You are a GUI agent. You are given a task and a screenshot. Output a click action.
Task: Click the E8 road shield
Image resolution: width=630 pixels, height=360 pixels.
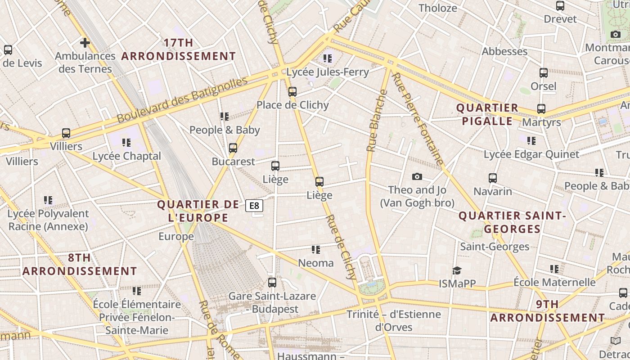click(x=254, y=206)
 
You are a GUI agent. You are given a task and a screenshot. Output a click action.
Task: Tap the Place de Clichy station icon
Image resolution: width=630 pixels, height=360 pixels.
click(x=292, y=92)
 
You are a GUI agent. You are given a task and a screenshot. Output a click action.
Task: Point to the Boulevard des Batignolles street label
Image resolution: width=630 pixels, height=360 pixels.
click(x=182, y=100)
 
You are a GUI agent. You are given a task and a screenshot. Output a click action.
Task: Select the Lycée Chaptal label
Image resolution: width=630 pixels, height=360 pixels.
click(x=126, y=156)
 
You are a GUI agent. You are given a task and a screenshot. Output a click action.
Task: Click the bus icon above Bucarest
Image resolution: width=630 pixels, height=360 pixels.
click(x=233, y=148)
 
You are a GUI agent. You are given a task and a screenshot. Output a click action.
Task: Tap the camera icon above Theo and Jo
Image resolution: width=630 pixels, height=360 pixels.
click(x=417, y=177)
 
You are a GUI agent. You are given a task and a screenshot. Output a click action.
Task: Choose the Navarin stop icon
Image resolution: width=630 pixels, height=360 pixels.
click(x=493, y=178)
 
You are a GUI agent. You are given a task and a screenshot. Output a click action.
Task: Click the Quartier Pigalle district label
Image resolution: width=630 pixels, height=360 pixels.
click(x=487, y=114)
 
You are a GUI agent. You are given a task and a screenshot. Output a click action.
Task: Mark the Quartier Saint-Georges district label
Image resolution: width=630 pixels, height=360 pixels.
click(x=512, y=222)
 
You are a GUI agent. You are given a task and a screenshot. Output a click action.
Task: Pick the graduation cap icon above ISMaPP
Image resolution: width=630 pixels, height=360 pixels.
click(x=457, y=270)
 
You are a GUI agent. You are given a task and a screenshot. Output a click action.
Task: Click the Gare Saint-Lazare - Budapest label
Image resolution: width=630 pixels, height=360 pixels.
click(x=272, y=302)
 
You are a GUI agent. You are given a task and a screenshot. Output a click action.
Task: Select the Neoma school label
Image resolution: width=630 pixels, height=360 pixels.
click(x=316, y=263)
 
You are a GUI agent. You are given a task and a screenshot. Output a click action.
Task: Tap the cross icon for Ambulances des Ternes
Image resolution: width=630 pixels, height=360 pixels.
click(x=85, y=43)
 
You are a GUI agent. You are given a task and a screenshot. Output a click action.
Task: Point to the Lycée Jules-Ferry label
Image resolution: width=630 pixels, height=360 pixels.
click(x=328, y=72)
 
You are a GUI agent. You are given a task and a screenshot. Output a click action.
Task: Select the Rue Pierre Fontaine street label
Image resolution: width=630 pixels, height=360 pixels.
click(x=417, y=118)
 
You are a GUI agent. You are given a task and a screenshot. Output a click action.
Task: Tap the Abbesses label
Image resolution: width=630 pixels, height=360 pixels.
click(x=504, y=51)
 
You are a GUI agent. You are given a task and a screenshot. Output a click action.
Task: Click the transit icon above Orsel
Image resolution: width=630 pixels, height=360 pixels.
click(x=544, y=73)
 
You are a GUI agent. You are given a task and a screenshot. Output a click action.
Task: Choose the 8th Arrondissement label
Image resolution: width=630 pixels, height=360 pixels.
click(x=80, y=265)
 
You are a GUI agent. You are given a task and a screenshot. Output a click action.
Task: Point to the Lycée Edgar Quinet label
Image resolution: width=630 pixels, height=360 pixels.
click(x=531, y=154)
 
